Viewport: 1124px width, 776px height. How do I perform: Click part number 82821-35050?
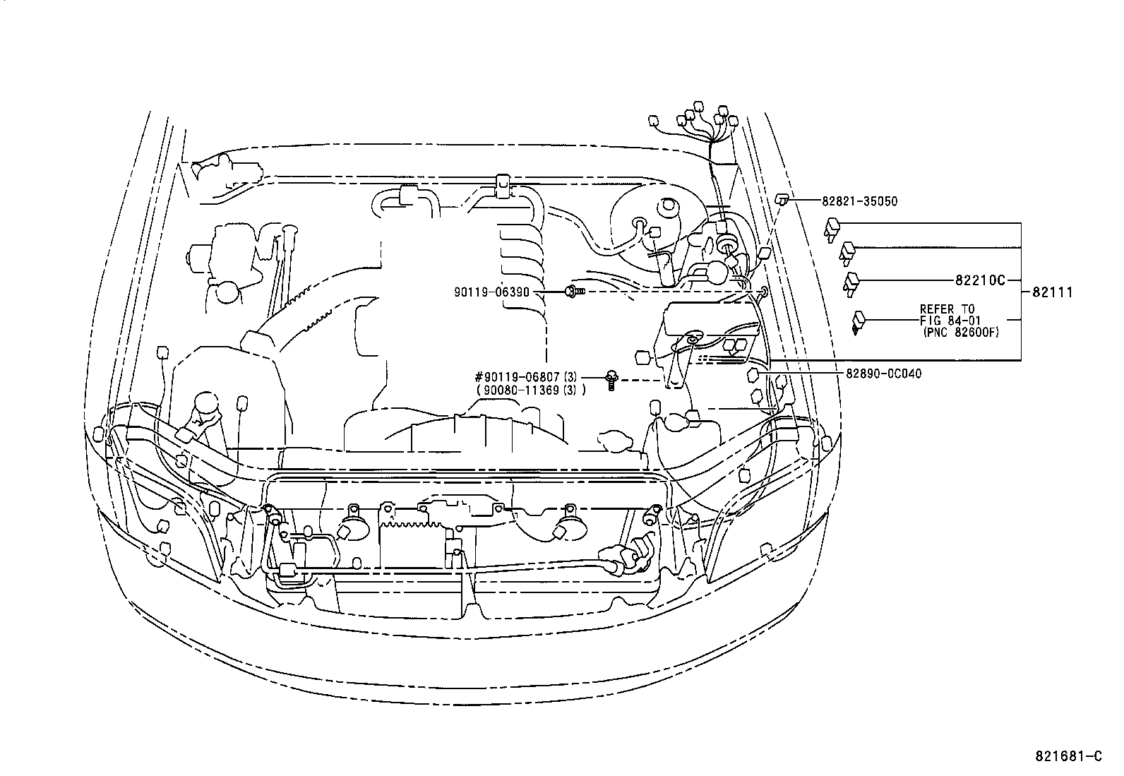(x=859, y=201)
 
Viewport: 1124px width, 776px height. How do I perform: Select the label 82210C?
(x=979, y=280)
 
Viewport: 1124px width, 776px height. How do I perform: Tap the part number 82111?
(x=1052, y=292)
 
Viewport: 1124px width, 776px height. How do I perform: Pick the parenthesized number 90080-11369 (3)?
(x=530, y=390)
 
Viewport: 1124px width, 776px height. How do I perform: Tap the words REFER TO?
(x=947, y=309)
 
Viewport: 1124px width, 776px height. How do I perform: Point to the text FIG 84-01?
(x=950, y=321)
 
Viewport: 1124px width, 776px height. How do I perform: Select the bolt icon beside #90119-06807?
(x=611, y=381)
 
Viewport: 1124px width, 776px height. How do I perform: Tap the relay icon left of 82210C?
(x=852, y=281)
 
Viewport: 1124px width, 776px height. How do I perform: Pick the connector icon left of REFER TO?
(x=859, y=321)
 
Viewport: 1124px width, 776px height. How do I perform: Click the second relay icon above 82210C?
(x=848, y=251)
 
